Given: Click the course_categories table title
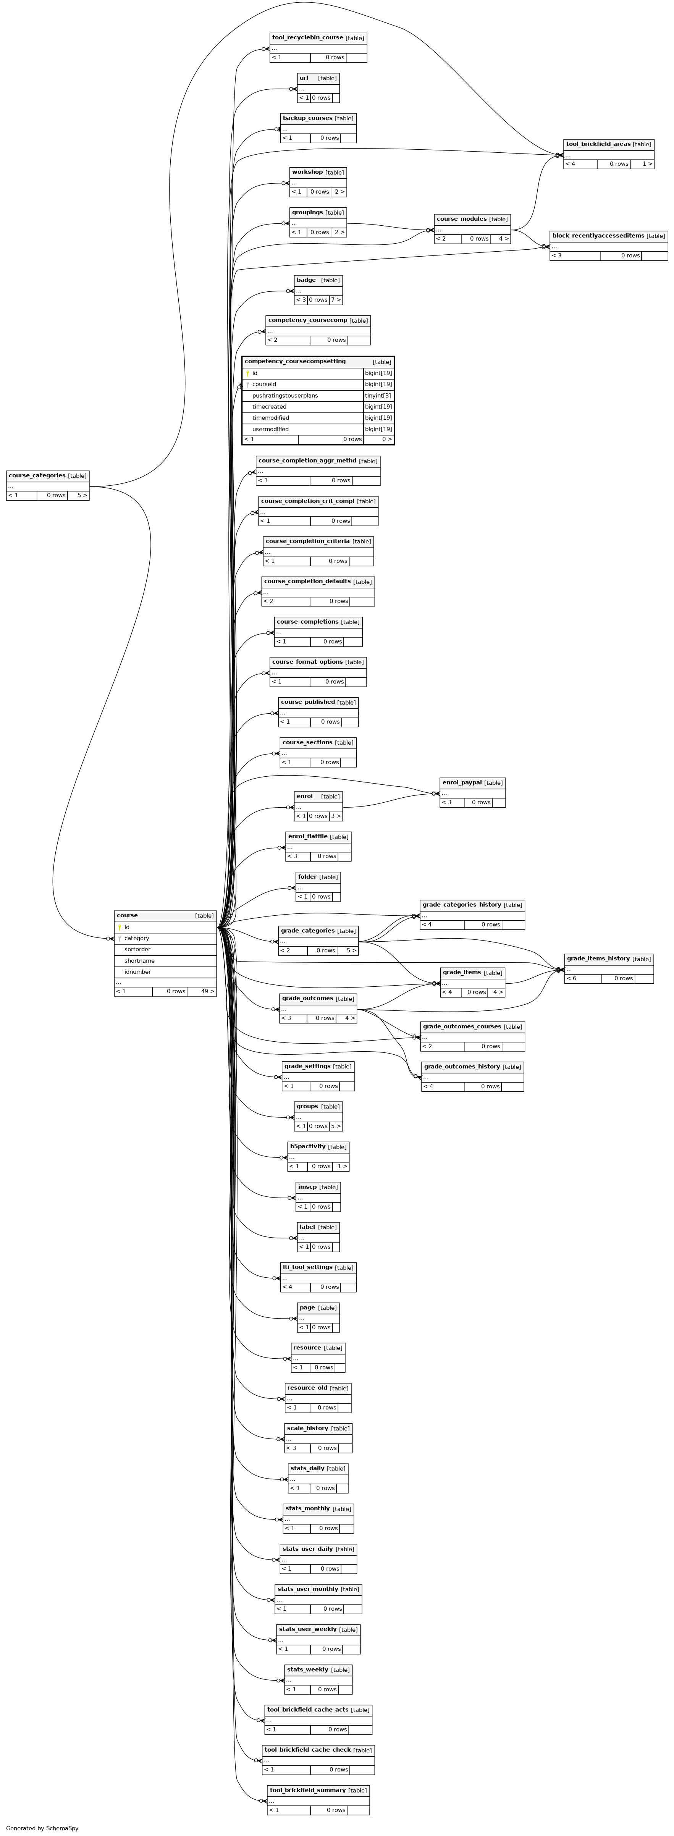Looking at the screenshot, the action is point(37,475).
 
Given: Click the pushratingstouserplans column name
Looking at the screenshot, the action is point(285,396).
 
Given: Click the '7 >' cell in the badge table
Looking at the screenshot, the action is point(336,300).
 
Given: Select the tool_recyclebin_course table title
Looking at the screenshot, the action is point(307,37).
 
